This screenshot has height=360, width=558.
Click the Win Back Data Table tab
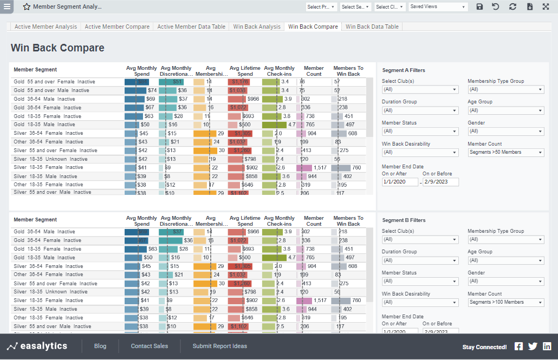click(372, 27)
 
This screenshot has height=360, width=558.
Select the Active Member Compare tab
click(117, 27)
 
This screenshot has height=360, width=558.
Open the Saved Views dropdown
click(438, 7)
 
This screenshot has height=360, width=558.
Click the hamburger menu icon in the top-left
click(7, 7)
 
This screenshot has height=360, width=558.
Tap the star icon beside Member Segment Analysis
click(27, 7)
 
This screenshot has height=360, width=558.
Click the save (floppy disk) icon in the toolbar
click(479, 7)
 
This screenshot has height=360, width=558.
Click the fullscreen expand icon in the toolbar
click(546, 7)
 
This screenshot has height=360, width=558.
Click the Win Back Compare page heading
click(57, 48)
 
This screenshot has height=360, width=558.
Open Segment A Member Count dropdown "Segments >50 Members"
click(505, 152)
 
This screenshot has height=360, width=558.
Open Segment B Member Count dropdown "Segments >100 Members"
click(505, 302)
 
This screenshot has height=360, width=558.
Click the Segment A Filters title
click(404, 70)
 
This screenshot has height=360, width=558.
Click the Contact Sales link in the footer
click(150, 346)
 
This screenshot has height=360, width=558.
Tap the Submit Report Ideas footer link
click(220, 346)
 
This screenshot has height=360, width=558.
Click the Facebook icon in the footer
click(518, 346)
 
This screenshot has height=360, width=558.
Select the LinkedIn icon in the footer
click(547, 346)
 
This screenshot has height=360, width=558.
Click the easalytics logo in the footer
click(37, 346)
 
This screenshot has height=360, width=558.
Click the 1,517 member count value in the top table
click(320, 168)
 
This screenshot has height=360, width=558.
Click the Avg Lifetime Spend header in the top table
click(245, 71)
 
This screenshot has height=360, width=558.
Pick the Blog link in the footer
click(100, 346)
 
